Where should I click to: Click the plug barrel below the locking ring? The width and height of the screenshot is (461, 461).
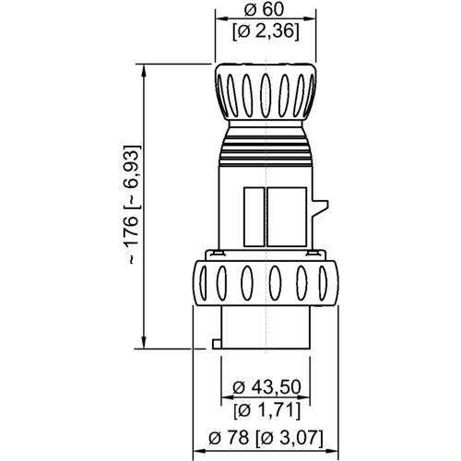point(266,327)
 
